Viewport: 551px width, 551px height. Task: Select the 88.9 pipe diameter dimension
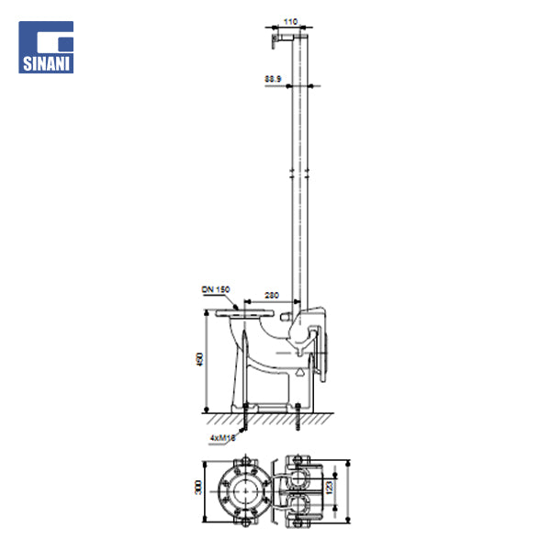coord(273,80)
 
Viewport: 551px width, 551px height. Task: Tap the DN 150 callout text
coord(215,289)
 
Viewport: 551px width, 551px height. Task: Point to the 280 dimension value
coord(272,295)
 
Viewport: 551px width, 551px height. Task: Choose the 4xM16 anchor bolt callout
coord(223,439)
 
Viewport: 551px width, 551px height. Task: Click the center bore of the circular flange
coord(243,487)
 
